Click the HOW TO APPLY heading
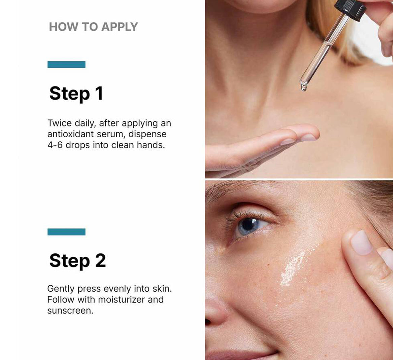pyautogui.click(x=93, y=27)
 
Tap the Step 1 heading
pyautogui.click(x=76, y=93)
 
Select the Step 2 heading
pyautogui.click(x=77, y=260)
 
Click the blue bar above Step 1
pyautogui.click(x=66, y=64)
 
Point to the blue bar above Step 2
pyautogui.click(x=66, y=232)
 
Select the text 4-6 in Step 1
pyautogui.click(x=55, y=145)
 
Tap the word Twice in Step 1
pyautogui.click(x=60, y=123)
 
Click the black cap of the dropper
pyautogui.click(x=350, y=9)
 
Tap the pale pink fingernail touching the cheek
pyautogui.click(x=361, y=242)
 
